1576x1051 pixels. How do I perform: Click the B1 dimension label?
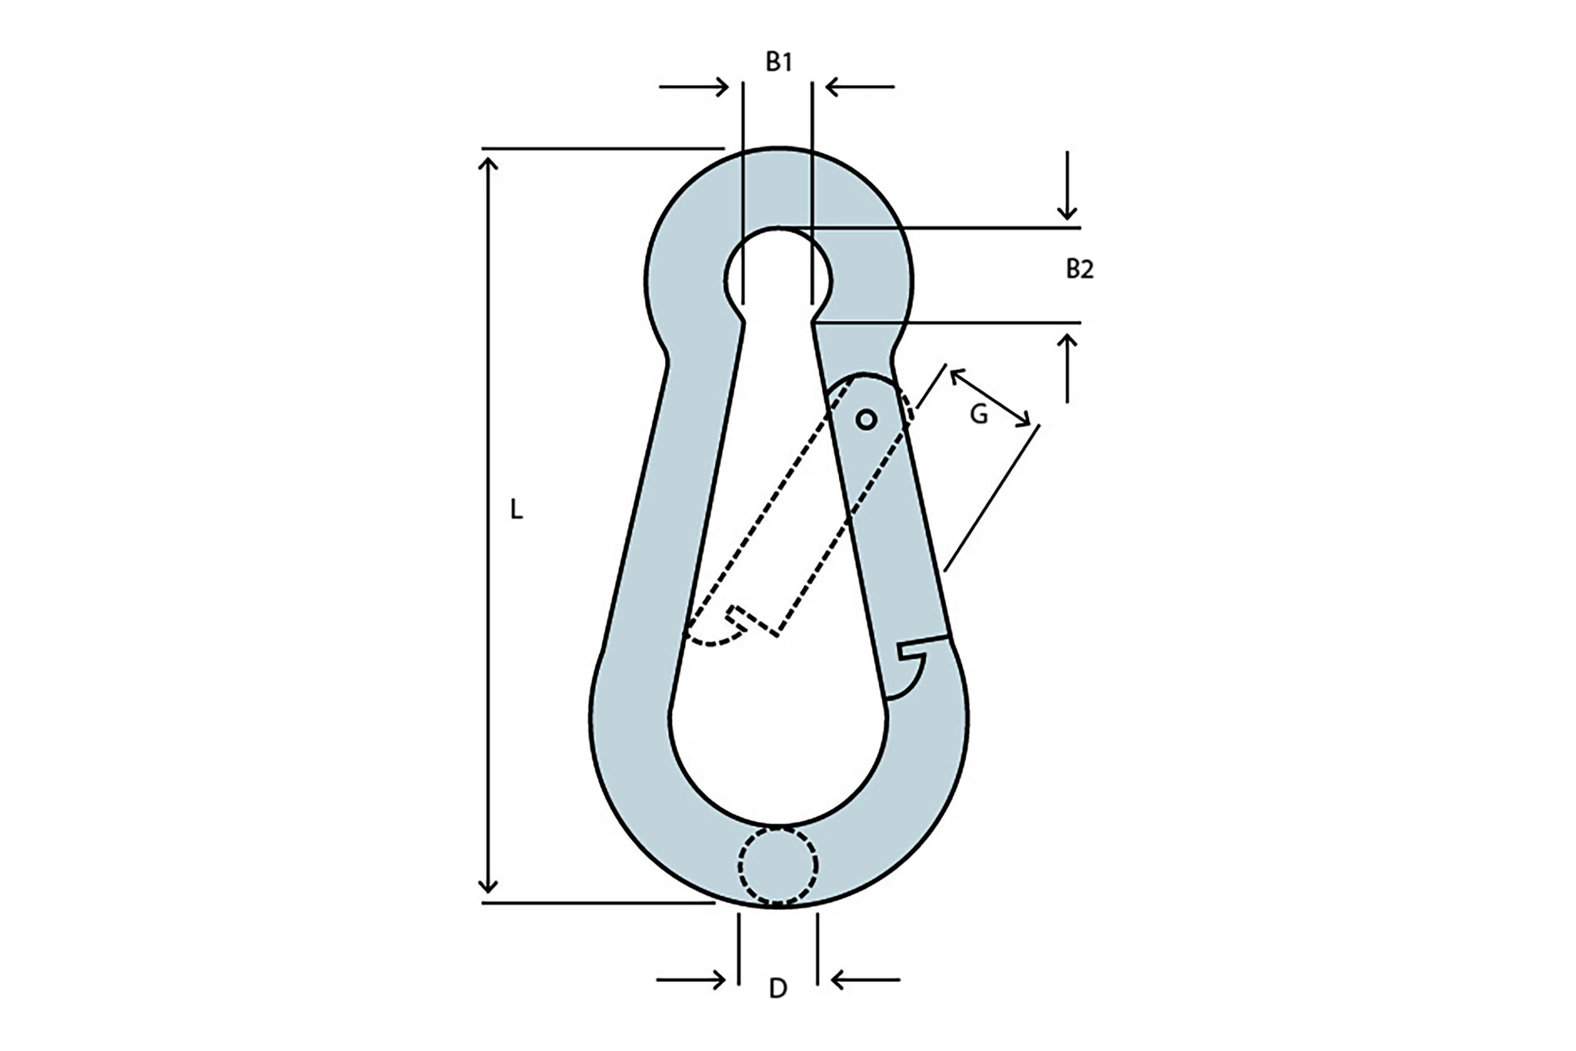point(779,62)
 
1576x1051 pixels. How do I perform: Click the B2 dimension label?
point(1079,269)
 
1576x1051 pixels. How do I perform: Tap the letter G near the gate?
point(978,416)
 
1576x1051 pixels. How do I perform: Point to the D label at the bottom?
point(778,988)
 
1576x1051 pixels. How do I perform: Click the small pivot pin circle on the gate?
point(866,419)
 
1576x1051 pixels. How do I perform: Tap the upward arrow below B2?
point(1067,368)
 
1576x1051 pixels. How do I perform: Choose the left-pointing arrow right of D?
point(865,980)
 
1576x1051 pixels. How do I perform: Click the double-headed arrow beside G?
point(990,398)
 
